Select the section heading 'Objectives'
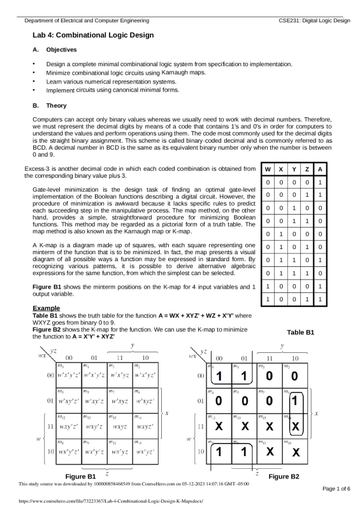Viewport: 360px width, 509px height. click(62, 50)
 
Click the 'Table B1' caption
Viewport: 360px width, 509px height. click(300, 333)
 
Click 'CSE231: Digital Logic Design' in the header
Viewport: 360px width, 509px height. click(315, 20)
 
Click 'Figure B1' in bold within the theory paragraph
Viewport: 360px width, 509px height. click(48, 288)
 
